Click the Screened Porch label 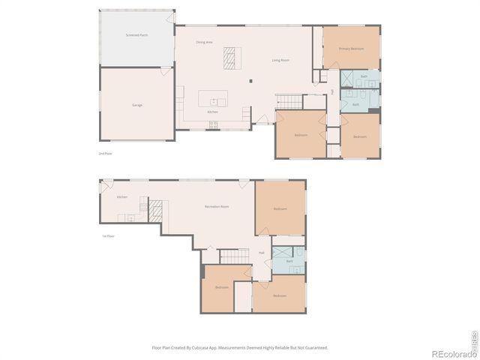[x=136, y=35]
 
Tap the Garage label [x=137, y=105]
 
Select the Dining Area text [x=204, y=42]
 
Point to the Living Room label [x=280, y=60]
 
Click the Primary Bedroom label [x=351, y=48]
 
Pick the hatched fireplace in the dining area [x=229, y=55]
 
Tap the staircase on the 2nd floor [x=289, y=100]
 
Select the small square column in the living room [x=251, y=80]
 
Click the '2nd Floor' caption [x=105, y=153]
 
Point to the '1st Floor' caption [x=108, y=236]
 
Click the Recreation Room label [x=217, y=206]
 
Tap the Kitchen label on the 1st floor [x=121, y=197]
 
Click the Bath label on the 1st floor [x=289, y=260]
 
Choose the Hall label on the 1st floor [x=262, y=253]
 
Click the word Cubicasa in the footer [x=199, y=348]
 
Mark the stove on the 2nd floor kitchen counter [x=214, y=124]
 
